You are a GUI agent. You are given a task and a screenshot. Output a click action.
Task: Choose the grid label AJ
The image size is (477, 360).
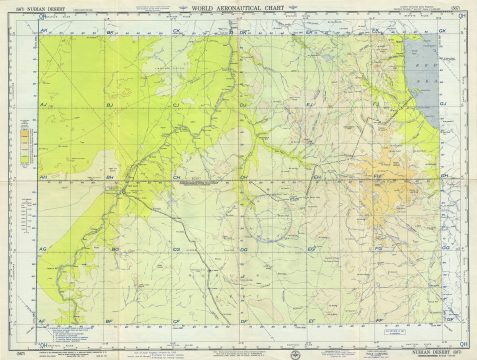click(x=44, y=104)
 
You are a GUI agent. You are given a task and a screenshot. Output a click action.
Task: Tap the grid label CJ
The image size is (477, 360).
click(x=176, y=104)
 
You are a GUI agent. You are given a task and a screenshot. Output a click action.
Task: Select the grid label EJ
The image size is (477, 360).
click(x=310, y=104)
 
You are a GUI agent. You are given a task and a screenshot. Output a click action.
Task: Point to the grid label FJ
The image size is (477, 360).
click(x=377, y=104)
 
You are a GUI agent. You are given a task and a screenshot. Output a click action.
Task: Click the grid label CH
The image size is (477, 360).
click(x=176, y=177)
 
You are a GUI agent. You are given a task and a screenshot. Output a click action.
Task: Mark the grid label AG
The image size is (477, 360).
click(x=43, y=247)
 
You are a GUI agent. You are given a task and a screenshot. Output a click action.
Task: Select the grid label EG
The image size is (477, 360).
click(x=311, y=247)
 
